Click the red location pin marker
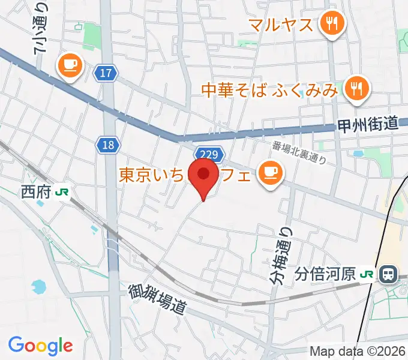[x=204, y=175]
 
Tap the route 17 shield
[x=106, y=73]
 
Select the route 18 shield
[x=108, y=144]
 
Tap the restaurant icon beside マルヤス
[x=331, y=24]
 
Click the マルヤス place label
[x=281, y=25]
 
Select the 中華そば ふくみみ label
[x=269, y=91]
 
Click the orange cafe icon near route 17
[x=70, y=64]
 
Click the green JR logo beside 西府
[x=61, y=191]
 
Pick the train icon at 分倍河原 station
[x=388, y=275]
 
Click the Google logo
[x=40, y=346]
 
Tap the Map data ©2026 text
[x=358, y=352]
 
